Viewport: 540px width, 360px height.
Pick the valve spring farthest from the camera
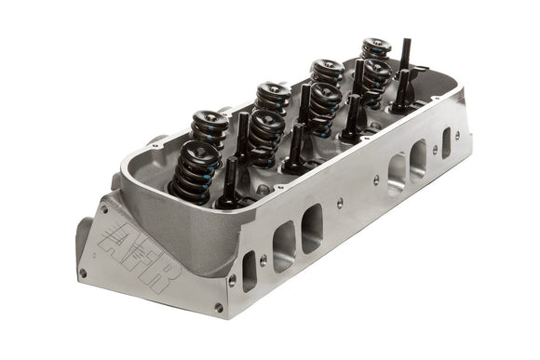pos(375,50)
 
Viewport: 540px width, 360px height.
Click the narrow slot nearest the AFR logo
pos(250,270)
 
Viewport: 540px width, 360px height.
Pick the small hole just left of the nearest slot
pos(232,280)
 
